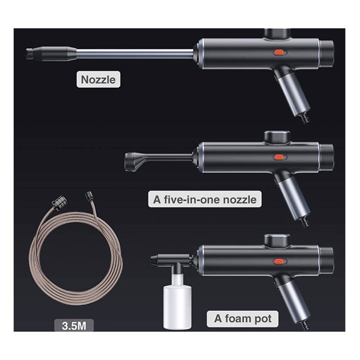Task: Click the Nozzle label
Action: (98, 80)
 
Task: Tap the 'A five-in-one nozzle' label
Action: (205, 199)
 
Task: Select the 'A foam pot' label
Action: (243, 319)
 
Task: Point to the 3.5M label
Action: (74, 325)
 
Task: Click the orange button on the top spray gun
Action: (280, 53)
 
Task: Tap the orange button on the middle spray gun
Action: (280, 157)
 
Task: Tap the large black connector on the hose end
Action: (59, 202)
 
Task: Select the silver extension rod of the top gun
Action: (135, 54)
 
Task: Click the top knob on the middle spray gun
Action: (277, 137)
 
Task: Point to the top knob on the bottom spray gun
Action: (277, 240)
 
